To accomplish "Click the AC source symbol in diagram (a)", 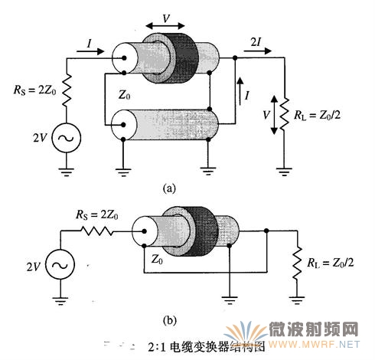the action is (67, 138).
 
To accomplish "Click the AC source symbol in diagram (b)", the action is (60, 264).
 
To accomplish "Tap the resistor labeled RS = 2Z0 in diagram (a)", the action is (67, 90).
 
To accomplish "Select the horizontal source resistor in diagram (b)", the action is (97, 231).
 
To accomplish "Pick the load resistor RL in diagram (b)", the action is (297, 263).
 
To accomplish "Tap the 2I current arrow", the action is (258, 51).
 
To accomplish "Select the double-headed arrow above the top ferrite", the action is (165, 25).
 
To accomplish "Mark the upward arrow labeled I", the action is (240, 91).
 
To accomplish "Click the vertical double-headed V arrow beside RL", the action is (274, 115).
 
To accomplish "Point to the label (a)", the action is (169, 188).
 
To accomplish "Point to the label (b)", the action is (169, 320).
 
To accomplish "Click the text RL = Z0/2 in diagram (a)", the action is (318, 116).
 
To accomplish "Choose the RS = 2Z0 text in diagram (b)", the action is (97, 215).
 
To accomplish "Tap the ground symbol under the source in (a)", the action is (67, 172).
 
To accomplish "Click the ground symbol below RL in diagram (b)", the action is (297, 300).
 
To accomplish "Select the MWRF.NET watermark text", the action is (314, 345).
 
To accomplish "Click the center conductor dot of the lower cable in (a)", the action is (123, 125).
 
